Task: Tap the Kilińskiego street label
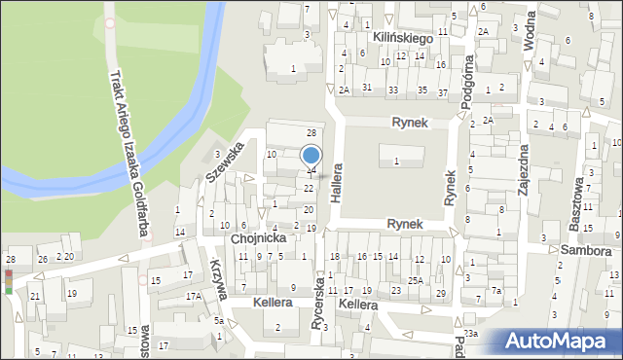tap(401, 36)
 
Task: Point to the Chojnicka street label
tap(258, 237)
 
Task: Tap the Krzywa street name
tap(216, 277)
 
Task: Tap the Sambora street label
tap(584, 251)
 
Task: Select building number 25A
tap(416, 281)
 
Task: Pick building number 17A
tap(194, 295)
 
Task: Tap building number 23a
tap(471, 333)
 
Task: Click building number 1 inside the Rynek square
tap(396, 161)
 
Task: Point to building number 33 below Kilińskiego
tap(392, 90)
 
